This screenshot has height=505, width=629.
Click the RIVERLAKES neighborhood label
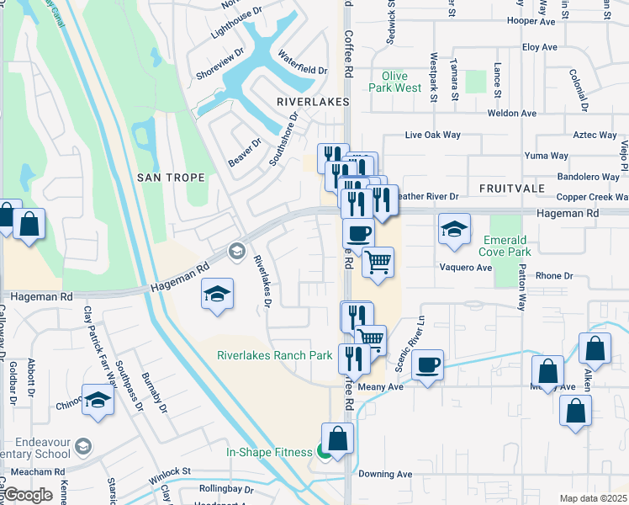pos(305,100)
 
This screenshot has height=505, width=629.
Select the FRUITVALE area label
pos(512,188)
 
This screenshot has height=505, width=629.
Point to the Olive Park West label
pos(395,82)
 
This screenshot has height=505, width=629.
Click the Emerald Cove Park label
pos(506,246)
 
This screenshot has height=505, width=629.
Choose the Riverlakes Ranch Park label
pos(275,355)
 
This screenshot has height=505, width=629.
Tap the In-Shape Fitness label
pos(269,452)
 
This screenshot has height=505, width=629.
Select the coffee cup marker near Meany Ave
pos(427,365)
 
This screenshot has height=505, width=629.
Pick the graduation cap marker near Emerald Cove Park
pos(454,228)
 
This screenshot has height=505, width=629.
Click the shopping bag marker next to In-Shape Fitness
pos(337,439)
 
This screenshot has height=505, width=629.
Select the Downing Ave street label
pos(385,474)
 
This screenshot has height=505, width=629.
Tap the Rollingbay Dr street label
pos(226,488)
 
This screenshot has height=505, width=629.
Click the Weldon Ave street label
pos(512,113)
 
